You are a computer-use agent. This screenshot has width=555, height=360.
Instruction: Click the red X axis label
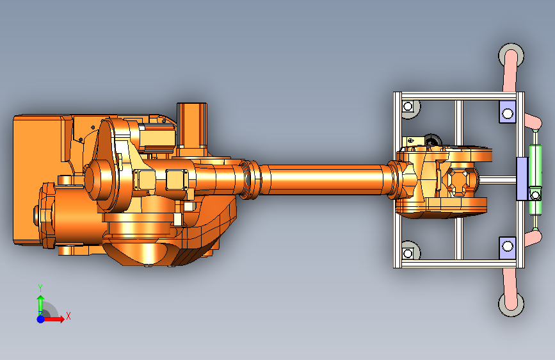pos(68,316)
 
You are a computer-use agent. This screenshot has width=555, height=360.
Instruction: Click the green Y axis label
pos(40,288)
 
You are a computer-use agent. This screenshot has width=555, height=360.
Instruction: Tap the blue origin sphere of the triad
pos(40,318)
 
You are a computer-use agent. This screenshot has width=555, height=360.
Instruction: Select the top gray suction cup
pos(512,54)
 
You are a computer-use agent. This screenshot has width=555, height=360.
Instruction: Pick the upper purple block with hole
pos(507,113)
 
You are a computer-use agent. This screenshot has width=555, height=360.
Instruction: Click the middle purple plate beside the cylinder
pos(522,179)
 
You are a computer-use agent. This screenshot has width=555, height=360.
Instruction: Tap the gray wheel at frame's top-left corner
pos(409,108)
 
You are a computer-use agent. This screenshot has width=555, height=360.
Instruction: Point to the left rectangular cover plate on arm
pos(144,180)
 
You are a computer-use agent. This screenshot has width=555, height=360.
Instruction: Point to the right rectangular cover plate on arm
pos(175,179)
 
